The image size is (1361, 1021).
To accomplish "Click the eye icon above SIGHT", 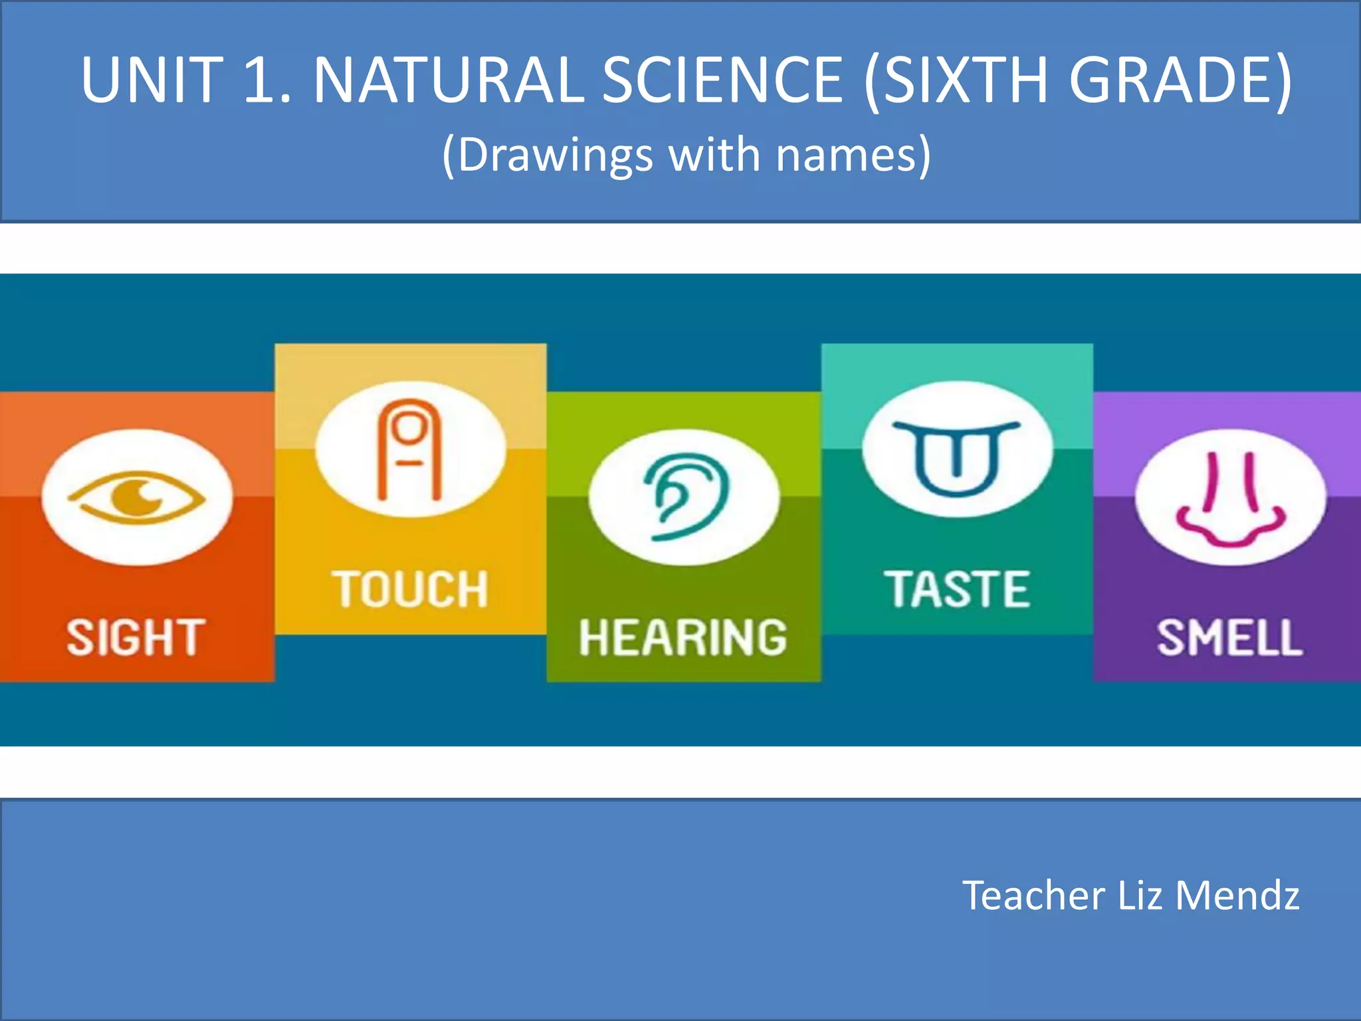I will tap(138, 497).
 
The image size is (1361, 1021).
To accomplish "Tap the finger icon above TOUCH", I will tap(410, 449).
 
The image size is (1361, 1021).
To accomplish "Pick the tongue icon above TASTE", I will tap(957, 457).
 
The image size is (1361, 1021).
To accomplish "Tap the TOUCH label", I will tap(411, 590).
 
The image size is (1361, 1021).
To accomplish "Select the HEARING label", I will tap(683, 638).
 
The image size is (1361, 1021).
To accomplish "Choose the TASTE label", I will tap(957, 590).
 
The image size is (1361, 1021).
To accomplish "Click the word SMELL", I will tap(1230, 638).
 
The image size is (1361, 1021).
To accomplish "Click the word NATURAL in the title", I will tap(448, 80).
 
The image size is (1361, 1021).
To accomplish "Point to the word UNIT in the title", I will tap(152, 80).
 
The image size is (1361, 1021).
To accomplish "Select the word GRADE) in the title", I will tap(1180, 80).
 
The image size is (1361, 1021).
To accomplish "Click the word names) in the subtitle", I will tap(853, 156).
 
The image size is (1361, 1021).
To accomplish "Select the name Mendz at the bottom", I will tap(1237, 895).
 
